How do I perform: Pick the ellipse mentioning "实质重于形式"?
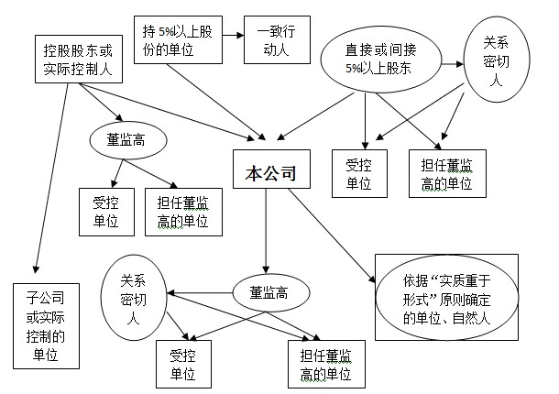(x=441, y=298)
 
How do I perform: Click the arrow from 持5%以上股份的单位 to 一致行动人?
(x=233, y=37)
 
